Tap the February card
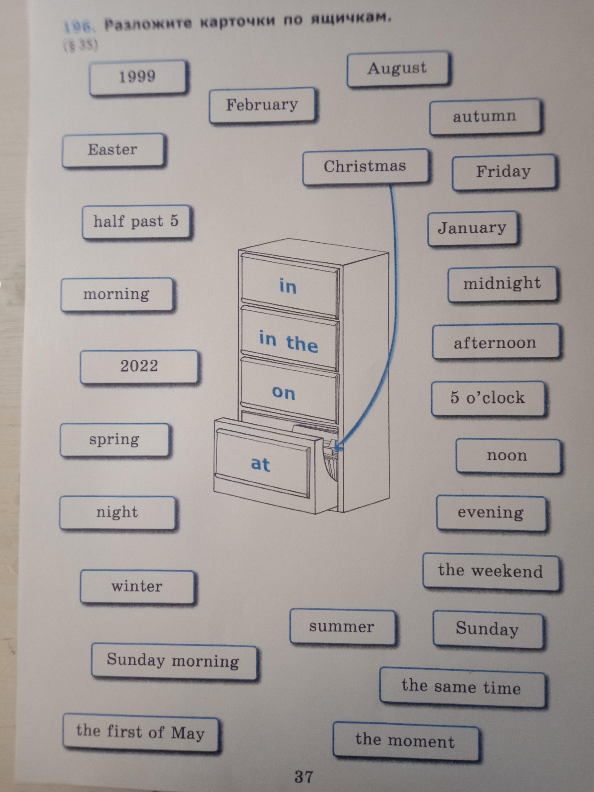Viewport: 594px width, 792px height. point(263,105)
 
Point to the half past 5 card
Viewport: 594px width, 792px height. point(136,222)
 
